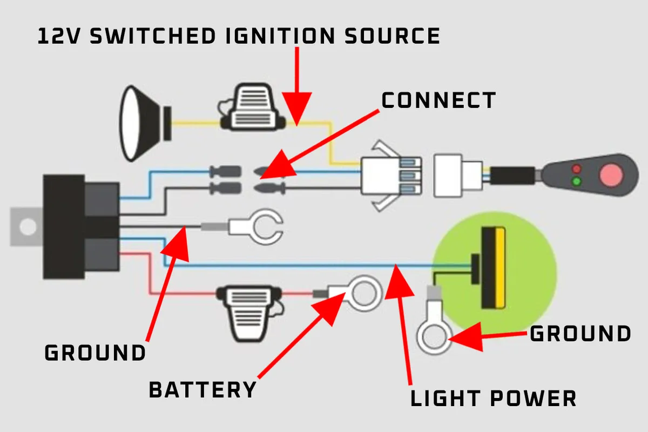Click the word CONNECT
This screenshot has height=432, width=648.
[x=438, y=101]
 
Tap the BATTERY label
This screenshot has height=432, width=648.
[x=202, y=389]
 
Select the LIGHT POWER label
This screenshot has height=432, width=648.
[x=493, y=399]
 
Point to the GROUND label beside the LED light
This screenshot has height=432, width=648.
[x=580, y=334]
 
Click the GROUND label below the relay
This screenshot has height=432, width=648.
[x=95, y=353]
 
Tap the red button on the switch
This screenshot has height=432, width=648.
[x=611, y=174]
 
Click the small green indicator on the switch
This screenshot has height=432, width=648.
[x=576, y=181]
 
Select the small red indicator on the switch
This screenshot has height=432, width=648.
[x=576, y=168]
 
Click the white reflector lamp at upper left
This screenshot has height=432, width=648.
[x=138, y=123]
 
